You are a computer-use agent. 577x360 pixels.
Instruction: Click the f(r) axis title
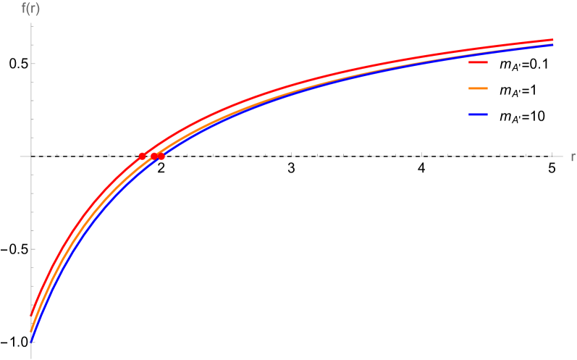tap(30, 9)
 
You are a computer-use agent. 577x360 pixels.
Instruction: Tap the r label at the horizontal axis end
tap(572, 156)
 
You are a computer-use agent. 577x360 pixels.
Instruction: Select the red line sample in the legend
tap(478, 62)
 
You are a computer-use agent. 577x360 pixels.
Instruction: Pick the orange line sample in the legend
tap(478, 88)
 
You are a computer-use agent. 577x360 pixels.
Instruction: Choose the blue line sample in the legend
tap(478, 114)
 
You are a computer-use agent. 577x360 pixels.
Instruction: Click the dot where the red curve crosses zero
tap(142, 156)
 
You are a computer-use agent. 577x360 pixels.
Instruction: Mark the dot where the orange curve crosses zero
tap(154, 156)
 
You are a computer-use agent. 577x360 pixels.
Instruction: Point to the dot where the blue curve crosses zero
tap(161, 156)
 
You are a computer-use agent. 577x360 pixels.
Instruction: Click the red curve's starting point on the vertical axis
tap(31, 315)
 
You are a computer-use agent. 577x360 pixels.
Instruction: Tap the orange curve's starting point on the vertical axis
tap(31, 331)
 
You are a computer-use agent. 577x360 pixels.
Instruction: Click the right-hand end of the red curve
tap(553, 40)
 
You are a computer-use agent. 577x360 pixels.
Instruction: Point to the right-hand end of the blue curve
tap(553, 45)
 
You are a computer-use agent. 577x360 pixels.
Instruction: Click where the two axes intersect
tap(31, 156)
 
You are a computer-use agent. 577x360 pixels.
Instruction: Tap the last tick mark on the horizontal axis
tap(553, 155)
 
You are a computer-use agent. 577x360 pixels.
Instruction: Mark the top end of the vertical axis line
tap(31, 23)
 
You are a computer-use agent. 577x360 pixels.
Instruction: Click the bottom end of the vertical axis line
tap(31, 358)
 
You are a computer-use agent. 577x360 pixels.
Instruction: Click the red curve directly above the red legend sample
tap(478, 50)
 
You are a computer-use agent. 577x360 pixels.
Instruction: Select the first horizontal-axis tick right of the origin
tap(57, 155)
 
